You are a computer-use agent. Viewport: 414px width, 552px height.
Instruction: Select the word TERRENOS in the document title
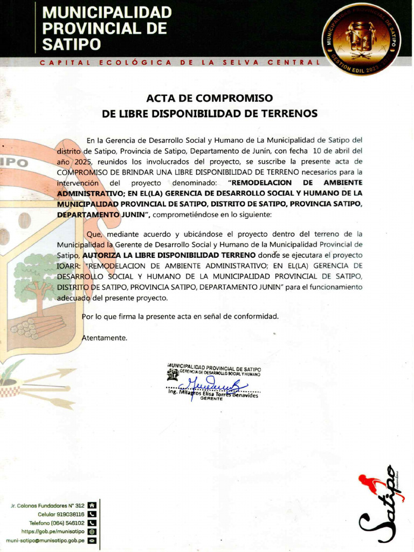coord(290,113)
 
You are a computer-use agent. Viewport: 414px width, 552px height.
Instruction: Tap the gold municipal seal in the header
coord(361,38)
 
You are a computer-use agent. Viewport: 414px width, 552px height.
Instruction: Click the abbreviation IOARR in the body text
coord(69,265)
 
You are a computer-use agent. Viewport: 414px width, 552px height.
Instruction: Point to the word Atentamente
coord(105,338)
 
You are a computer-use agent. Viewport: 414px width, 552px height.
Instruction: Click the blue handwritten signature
coord(213,385)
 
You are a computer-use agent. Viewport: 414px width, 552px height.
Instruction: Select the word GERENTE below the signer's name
coord(211,399)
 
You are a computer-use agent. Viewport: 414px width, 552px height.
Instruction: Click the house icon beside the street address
coord(92,506)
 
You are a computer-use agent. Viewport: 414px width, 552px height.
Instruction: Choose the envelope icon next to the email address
coord(92,540)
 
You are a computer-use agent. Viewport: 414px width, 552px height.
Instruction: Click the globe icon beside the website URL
coord(92,532)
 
